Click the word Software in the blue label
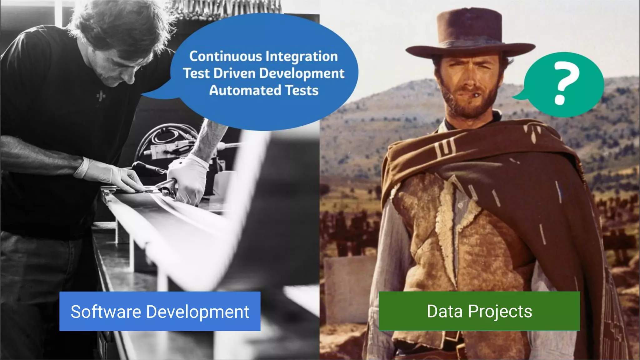(x=106, y=312)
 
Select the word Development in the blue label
(x=197, y=312)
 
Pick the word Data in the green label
(x=444, y=311)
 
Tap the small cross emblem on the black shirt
(x=101, y=95)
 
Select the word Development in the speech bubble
(x=302, y=74)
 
